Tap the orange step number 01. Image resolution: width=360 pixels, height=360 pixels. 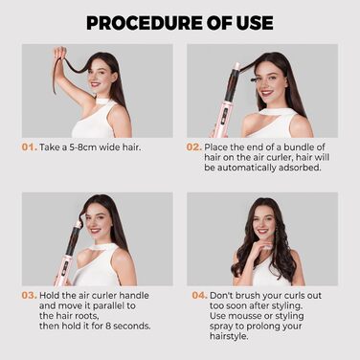pyautogui.click(x=30, y=147)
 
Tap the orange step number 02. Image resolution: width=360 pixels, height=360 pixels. pyautogui.click(x=195, y=147)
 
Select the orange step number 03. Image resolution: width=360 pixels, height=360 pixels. pyautogui.click(x=30, y=297)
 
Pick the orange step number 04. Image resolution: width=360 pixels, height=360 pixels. pyautogui.click(x=196, y=297)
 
